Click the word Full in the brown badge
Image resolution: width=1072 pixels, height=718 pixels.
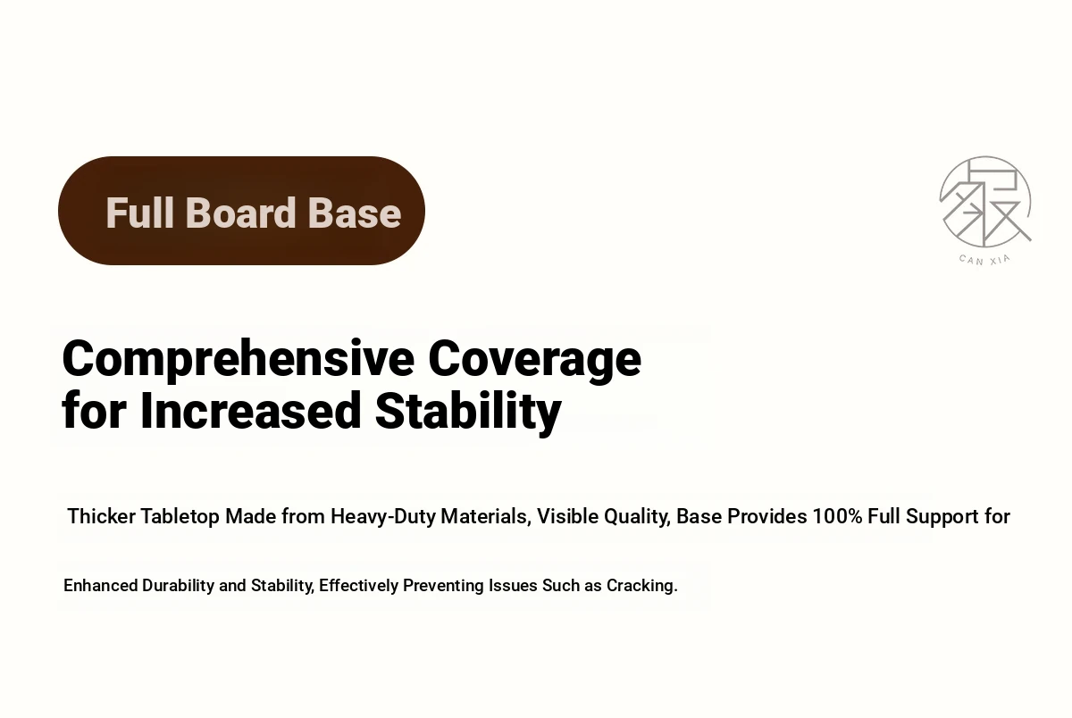coord(139,213)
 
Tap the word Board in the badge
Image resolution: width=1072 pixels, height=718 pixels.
coord(240,213)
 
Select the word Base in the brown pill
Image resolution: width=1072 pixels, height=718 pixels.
coord(354,213)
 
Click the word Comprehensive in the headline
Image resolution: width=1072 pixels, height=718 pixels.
coord(238,360)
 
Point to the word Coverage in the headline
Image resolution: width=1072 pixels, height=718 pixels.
coord(534,360)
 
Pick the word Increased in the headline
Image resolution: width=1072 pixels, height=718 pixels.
coord(250,411)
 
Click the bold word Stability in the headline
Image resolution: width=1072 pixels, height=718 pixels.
coord(468,413)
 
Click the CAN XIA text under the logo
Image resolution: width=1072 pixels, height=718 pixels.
coord(984,259)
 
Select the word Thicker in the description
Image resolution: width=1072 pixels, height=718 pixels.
coord(102,516)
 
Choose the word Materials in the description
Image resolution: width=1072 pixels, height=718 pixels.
coord(486,517)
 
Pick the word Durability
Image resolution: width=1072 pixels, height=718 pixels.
coord(178,587)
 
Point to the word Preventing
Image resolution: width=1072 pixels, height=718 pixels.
coord(443,587)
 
